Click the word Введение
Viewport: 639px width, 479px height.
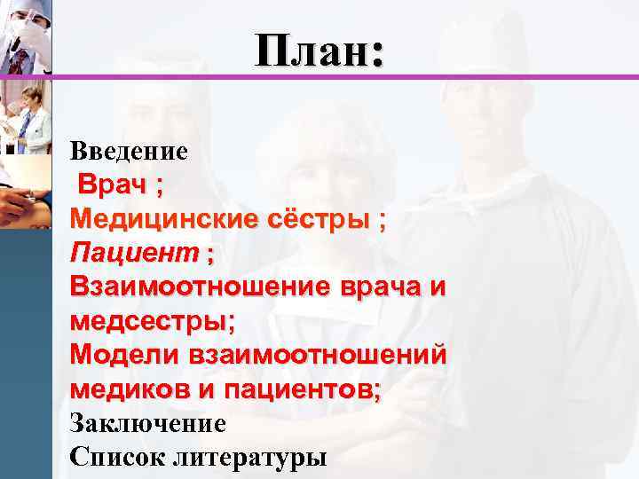tap(129, 151)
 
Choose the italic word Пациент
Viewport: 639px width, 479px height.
tap(135, 254)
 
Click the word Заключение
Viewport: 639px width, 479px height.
tap(147, 423)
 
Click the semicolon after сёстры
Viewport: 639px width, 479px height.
tap(383, 220)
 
